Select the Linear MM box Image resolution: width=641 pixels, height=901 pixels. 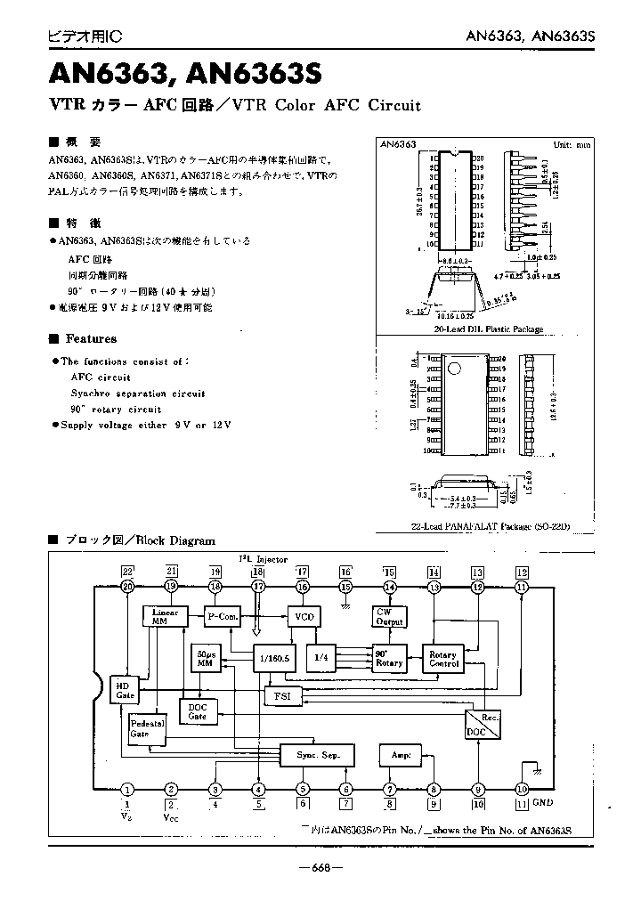(166, 616)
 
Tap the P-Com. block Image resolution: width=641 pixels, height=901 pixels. (223, 616)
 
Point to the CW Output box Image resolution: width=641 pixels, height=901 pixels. (389, 616)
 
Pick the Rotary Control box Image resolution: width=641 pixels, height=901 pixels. (442, 658)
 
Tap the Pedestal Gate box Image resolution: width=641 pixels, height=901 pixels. (147, 729)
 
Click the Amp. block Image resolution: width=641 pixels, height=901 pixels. (401, 755)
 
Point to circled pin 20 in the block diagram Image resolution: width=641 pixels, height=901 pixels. (127, 587)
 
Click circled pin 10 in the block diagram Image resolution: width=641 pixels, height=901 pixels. (522, 789)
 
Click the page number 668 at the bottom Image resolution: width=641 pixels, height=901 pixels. (320, 867)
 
